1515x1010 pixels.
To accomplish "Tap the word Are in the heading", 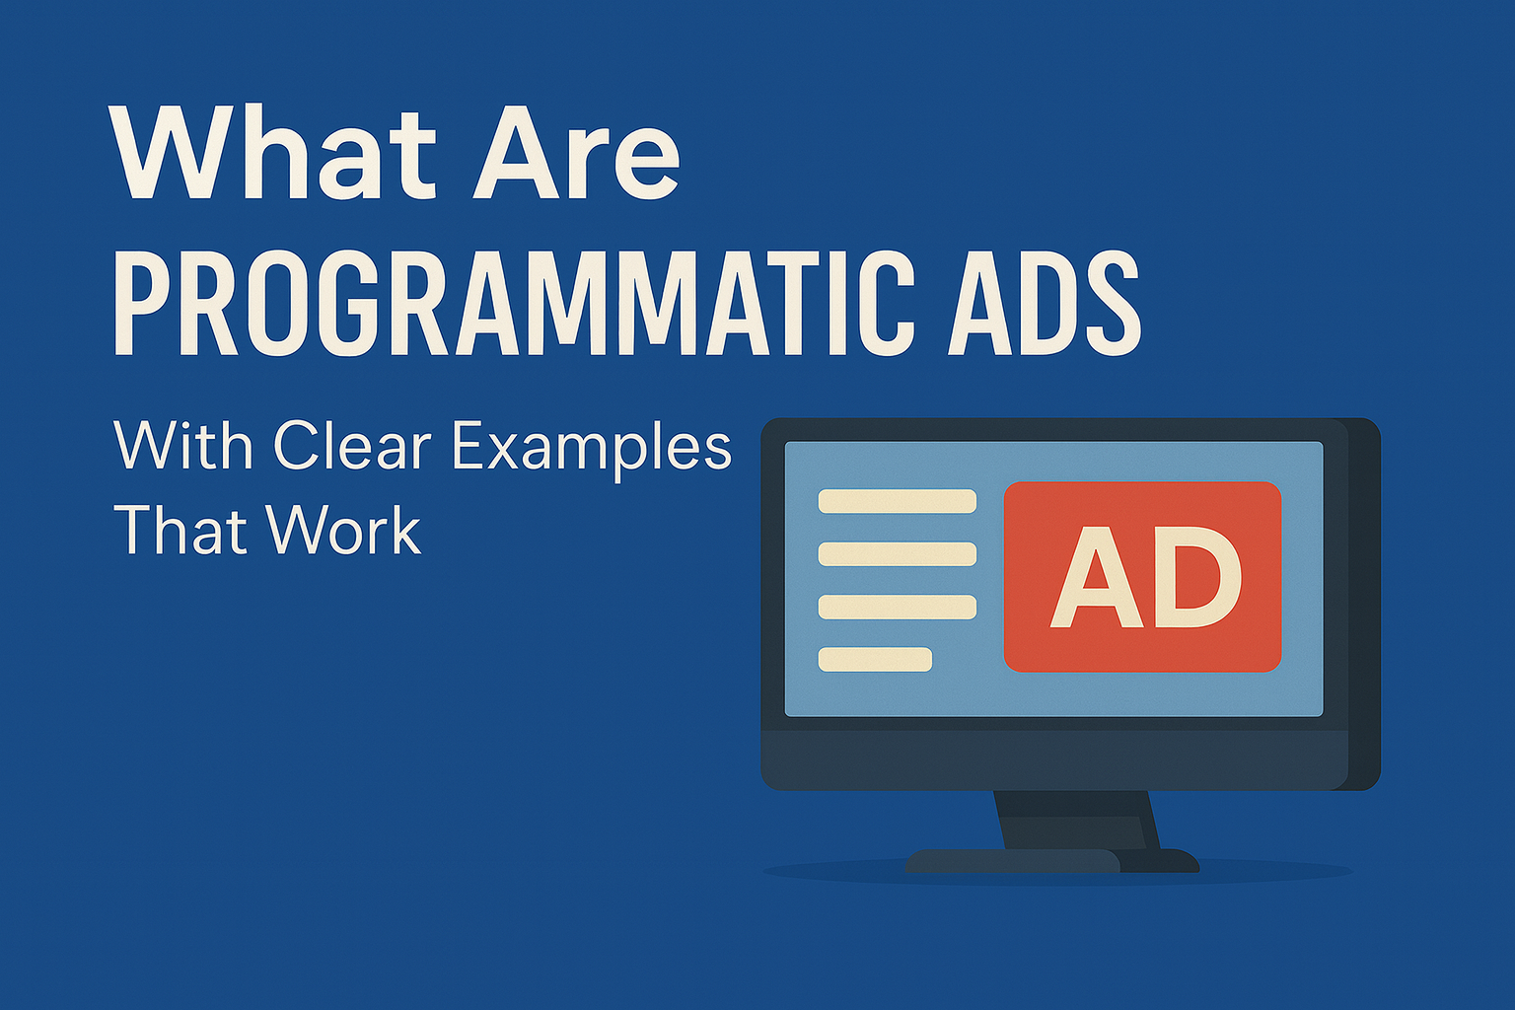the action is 576,153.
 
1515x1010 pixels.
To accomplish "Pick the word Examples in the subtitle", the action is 592,449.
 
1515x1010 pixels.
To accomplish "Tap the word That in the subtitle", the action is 180,530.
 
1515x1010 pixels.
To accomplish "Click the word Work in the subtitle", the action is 343,530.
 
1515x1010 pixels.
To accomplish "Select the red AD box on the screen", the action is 1142,576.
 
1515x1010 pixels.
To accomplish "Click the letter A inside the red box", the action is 1096,577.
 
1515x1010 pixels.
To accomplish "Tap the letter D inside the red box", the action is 1196,577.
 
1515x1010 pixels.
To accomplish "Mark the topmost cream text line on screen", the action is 897,501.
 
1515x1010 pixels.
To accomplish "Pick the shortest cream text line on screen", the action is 875,659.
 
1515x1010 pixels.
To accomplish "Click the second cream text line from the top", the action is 897,554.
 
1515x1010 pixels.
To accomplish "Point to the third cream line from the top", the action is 897,607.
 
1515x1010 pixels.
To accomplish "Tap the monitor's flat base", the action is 1051,860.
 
